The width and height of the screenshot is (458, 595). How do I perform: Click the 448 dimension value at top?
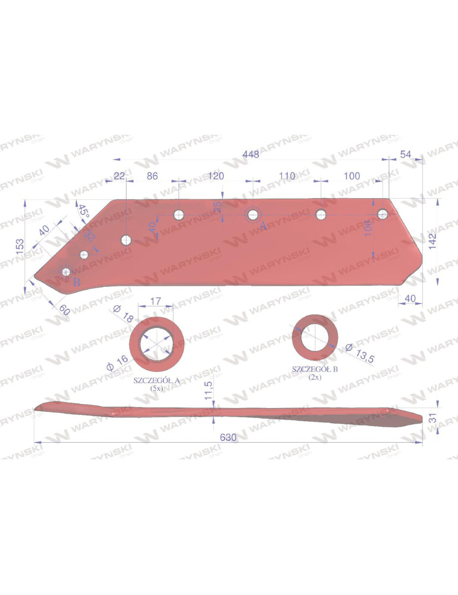(x=251, y=155)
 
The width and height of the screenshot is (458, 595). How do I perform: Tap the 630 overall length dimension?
(x=228, y=437)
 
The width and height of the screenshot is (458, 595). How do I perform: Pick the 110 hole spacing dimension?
(x=286, y=176)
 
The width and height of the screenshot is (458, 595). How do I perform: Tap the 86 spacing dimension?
(x=151, y=176)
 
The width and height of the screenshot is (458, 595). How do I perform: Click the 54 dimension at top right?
(x=406, y=155)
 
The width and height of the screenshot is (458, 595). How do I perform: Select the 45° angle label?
(x=83, y=210)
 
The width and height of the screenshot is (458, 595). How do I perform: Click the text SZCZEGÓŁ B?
(x=315, y=369)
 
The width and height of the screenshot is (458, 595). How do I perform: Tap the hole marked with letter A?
(x=253, y=214)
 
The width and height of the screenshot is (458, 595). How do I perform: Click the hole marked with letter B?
(x=67, y=272)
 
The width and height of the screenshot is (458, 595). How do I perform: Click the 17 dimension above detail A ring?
(x=155, y=302)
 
